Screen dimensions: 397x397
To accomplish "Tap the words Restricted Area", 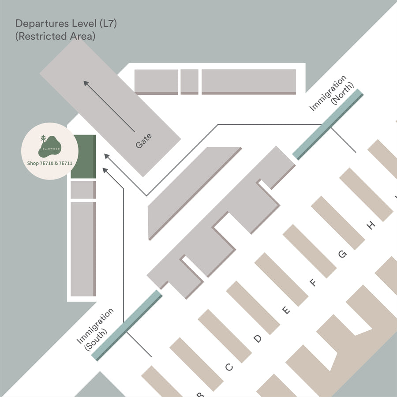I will point(55,37).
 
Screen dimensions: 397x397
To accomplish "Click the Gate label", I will point(144,141).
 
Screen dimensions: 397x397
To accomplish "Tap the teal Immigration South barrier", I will point(128,325).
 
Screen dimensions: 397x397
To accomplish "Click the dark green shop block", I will point(83,157).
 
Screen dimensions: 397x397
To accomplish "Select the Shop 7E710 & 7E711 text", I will point(50,163).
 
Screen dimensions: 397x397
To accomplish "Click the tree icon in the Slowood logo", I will point(43,139).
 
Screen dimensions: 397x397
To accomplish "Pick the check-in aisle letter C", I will point(229,367).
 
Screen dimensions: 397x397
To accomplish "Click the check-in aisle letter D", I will point(258,339).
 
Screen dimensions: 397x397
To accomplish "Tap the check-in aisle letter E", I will point(286,311).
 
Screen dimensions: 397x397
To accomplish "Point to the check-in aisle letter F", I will point(314,283).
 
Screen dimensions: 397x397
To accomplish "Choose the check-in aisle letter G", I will point(342,254).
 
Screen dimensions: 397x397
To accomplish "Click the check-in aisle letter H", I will point(371,226).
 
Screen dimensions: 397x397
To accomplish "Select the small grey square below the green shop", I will point(83,190).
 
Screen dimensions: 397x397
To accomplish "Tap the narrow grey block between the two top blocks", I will point(189,81).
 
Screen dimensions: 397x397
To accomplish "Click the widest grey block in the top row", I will point(249,81).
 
